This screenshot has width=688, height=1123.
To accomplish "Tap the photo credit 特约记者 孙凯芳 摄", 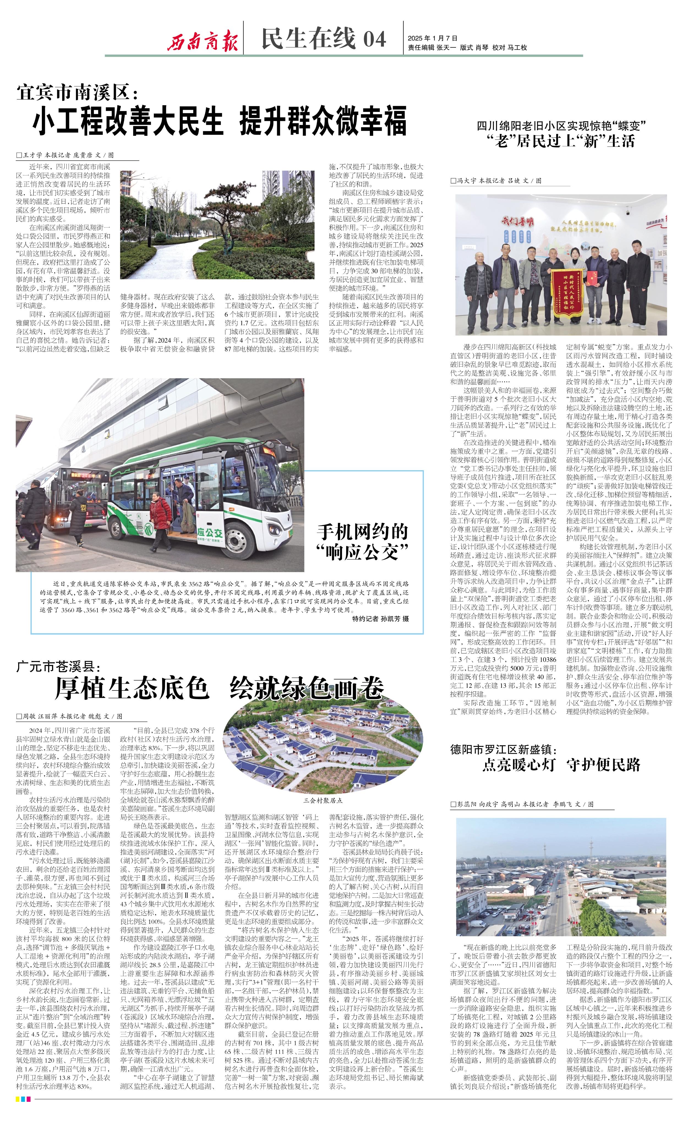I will (x=380, y=618).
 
